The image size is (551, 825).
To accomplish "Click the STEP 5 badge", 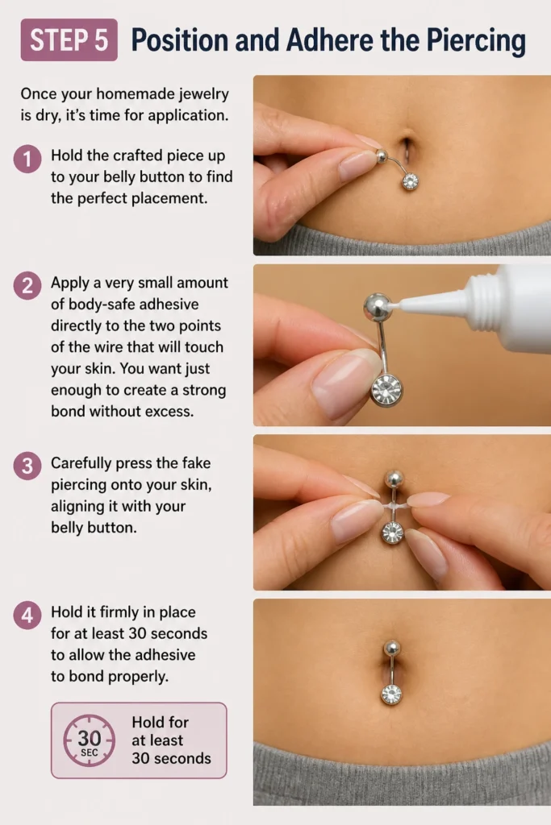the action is tap(69, 40).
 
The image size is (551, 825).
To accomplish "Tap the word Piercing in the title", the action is tap(476, 40).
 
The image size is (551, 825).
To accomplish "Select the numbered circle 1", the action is tap(27, 159).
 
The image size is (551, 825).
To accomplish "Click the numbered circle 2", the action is tap(27, 286).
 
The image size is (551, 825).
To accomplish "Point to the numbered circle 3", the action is tap(27, 466).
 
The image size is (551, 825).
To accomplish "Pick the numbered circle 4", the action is tap(27, 615).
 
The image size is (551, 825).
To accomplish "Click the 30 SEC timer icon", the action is tap(89, 740).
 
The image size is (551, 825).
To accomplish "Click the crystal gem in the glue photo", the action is tap(386, 391).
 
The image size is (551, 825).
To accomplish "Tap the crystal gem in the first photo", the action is tap(410, 181).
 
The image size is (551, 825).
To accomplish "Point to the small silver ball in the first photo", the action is tap(382, 155).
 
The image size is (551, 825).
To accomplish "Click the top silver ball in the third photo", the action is tap(394, 479).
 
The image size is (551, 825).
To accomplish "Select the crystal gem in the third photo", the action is tap(392, 533).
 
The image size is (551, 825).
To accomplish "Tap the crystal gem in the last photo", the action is tap(390, 694).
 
